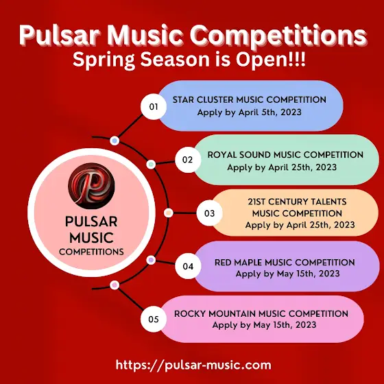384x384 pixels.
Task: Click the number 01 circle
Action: pos(154,107)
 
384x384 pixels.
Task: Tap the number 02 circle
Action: pos(188,160)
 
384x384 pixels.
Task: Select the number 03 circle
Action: pos(209,213)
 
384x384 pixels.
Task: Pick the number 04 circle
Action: pos(188,266)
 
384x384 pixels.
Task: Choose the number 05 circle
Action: pos(154,319)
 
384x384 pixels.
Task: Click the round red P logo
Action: pos(91,186)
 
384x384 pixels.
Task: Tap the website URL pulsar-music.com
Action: pos(193,365)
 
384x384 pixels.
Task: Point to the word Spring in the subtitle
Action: pos(104,60)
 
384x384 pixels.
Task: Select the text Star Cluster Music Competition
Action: pos(250,100)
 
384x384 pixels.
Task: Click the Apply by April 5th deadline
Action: pos(250,112)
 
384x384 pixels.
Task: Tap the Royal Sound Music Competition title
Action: pos(285,155)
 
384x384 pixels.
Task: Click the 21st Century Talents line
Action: pos(297,202)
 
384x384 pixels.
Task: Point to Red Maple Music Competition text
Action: pos(285,263)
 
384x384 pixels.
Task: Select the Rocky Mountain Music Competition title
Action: pos(261,314)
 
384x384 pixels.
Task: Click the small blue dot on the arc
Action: pos(115,141)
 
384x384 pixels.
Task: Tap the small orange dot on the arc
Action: pos(168,213)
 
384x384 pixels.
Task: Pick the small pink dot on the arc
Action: pos(115,285)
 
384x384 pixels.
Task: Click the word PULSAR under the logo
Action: pos(91,222)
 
